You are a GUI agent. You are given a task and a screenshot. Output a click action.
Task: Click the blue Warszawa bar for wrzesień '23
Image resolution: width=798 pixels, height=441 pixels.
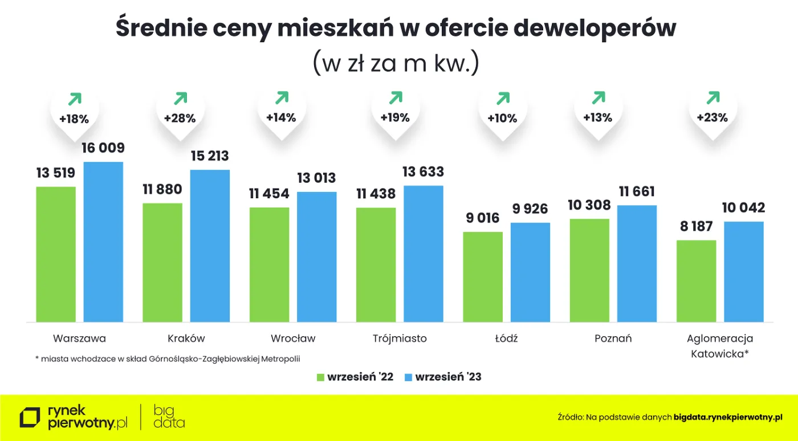click(103, 242)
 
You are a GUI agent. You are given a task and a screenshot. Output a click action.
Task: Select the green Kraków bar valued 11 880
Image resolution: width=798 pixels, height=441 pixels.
click(162, 262)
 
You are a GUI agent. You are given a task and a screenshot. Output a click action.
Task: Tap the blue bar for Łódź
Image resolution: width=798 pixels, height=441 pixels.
click(530, 272)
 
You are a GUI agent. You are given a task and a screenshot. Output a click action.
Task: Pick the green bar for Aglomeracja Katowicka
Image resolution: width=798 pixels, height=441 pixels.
click(696, 281)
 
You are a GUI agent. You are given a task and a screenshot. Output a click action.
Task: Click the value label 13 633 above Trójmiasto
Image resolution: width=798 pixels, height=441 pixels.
click(423, 172)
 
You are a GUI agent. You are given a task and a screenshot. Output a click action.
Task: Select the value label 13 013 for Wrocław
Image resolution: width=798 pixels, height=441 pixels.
click(316, 178)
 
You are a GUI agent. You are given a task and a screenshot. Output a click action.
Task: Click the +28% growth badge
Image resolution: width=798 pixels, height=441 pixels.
click(180, 119)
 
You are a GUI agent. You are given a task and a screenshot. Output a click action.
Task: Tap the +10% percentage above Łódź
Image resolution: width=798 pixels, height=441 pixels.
click(502, 119)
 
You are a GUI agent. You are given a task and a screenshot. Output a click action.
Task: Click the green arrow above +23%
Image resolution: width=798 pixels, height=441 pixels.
click(712, 98)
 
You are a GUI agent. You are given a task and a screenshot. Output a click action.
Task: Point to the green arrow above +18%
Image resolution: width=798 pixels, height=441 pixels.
click(74, 99)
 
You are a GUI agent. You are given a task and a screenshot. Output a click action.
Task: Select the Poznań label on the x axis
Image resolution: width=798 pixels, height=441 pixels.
click(613, 338)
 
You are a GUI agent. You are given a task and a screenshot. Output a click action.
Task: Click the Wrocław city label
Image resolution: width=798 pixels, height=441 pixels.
click(293, 338)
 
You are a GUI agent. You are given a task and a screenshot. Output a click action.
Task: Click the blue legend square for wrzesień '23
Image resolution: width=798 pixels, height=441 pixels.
click(408, 377)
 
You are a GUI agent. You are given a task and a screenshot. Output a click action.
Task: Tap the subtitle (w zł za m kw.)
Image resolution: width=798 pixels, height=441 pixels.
click(396, 63)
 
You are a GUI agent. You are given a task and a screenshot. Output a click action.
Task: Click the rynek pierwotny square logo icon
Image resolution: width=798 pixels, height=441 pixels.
click(30, 418)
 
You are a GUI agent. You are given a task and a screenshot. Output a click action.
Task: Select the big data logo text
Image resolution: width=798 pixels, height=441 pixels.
click(169, 416)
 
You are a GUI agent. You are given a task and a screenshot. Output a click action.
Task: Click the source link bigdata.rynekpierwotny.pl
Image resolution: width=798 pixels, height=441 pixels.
click(728, 418)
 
